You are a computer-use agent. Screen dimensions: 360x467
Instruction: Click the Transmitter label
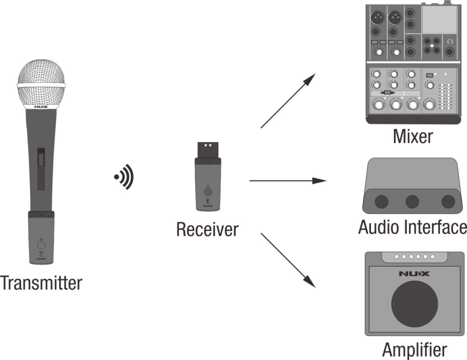41,283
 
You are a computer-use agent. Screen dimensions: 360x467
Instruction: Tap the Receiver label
208,229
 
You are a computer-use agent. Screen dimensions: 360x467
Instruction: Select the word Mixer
413,136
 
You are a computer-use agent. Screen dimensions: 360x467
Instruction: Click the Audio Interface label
413,227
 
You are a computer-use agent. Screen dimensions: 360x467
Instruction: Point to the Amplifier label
414,350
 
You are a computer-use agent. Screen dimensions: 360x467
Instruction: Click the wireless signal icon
124,177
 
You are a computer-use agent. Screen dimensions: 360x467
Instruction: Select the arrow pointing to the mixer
288,100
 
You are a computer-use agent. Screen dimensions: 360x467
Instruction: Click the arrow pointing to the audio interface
288,181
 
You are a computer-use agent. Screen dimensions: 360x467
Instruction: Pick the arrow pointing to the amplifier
288,261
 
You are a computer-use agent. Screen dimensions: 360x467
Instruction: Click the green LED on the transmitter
41,240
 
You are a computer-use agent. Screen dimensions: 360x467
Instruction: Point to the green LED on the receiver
208,186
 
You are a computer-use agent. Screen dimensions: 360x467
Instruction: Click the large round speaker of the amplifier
415,303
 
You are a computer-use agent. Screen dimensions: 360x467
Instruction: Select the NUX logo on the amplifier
415,274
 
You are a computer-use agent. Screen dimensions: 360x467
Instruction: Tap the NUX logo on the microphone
41,108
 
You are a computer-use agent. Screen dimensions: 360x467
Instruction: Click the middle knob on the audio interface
413,201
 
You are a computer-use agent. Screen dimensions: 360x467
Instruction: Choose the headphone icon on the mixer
450,42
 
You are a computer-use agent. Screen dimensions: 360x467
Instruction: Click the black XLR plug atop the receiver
208,150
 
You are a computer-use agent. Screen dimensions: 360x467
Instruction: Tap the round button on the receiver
208,193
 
